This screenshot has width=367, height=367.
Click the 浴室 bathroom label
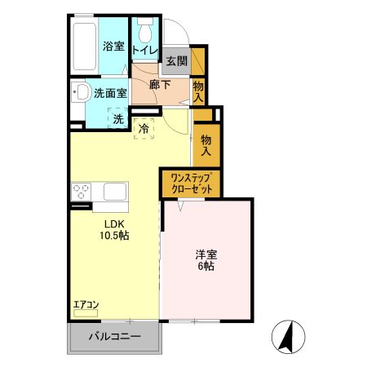pos(113,46)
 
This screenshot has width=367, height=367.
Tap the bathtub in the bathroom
pos(85,46)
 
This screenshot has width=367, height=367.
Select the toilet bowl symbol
pos(145,33)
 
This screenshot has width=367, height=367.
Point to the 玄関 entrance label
pos(176,60)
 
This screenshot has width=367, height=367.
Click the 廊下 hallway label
pos(161,84)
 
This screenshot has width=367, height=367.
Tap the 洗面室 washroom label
pos(109,93)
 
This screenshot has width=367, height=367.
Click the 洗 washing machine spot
pos(118,119)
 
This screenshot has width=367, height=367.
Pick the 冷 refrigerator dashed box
pos(144,128)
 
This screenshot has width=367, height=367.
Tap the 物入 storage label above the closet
pos(206,144)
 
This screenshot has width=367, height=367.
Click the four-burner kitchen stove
pos(82,192)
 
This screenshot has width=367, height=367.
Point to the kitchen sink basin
pos(114,192)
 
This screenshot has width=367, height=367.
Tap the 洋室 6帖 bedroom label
pos(205,259)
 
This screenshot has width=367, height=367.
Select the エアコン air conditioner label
pos(86,305)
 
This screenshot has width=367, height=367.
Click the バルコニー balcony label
pos(114,337)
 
